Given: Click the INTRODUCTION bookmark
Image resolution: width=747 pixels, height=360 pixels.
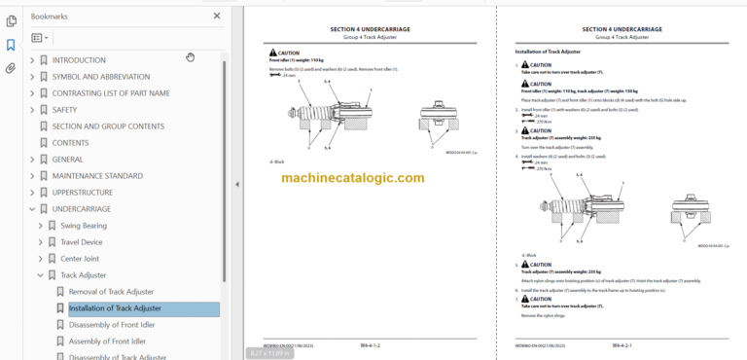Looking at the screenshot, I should click(x=79, y=60).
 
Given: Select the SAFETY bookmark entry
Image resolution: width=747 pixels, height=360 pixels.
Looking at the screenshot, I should click(x=64, y=110).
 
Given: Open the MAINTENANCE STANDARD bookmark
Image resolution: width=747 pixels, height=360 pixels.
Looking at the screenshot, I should click(x=97, y=176).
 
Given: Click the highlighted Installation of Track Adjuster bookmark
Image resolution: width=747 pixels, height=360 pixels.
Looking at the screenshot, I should click(x=115, y=308).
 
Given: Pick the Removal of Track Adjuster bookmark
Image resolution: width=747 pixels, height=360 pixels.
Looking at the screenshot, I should click(x=111, y=292).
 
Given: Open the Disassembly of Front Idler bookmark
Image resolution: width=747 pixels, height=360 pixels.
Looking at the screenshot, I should click(x=111, y=325).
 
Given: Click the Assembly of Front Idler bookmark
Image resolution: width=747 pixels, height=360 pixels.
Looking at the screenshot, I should click(x=107, y=342).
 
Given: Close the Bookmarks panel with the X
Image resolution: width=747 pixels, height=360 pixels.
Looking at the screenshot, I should click(x=216, y=17).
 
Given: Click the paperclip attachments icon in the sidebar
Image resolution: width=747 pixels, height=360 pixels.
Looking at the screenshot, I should click(x=11, y=68).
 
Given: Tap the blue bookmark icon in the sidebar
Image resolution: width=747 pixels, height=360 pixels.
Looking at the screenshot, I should click(x=11, y=45).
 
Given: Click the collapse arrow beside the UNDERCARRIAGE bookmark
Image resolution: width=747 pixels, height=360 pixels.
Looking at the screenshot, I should click(x=31, y=209).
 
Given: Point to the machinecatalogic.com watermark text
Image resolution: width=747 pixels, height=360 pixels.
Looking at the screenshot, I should click(x=352, y=179).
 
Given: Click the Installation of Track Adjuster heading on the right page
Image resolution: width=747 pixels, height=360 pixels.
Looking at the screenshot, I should click(x=552, y=50).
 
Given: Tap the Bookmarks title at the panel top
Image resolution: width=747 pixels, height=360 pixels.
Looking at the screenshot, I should click(x=49, y=17).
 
